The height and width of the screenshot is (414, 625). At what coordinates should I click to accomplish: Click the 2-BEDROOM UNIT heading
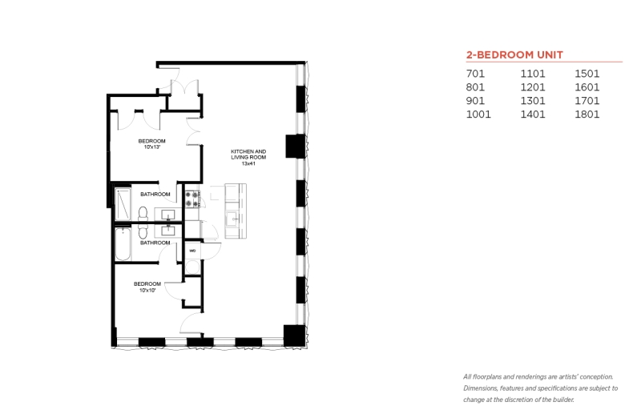pyautogui.click(x=514, y=54)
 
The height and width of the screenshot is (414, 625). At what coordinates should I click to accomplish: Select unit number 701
pyautogui.click(x=475, y=74)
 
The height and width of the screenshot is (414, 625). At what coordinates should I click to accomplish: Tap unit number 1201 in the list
pyautogui.click(x=533, y=87)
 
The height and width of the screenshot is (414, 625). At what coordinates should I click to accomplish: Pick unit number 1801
pyautogui.click(x=587, y=115)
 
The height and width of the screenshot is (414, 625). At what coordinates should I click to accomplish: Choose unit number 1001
pyautogui.click(x=478, y=115)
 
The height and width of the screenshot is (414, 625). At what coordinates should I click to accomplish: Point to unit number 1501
pyautogui.click(x=587, y=74)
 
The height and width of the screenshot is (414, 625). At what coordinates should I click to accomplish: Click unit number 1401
pyautogui.click(x=533, y=115)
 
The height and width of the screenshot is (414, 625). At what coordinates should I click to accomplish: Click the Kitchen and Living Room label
pyautogui.click(x=248, y=158)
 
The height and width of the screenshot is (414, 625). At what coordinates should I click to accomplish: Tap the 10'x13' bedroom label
pyautogui.click(x=152, y=144)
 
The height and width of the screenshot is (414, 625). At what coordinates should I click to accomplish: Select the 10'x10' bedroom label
pyautogui.click(x=147, y=287)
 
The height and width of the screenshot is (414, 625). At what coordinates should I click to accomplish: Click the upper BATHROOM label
pyautogui.click(x=155, y=194)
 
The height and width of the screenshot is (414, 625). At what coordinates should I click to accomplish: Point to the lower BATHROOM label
pyautogui.click(x=155, y=243)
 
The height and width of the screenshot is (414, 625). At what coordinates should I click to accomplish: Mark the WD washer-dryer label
pyautogui.click(x=192, y=251)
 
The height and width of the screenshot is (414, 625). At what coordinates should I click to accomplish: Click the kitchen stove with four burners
pyautogui.click(x=192, y=199)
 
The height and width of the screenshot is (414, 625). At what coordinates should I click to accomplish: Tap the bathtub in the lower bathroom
pyautogui.click(x=123, y=244)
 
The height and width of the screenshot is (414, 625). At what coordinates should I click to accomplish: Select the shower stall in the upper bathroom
pyautogui.click(x=123, y=203)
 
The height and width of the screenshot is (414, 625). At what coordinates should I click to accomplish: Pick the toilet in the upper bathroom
pyautogui.click(x=143, y=213)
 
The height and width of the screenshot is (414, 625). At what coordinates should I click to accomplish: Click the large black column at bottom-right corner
pyautogui.click(x=294, y=336)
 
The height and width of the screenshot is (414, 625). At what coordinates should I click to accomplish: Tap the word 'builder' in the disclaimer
pyautogui.click(x=563, y=400)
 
